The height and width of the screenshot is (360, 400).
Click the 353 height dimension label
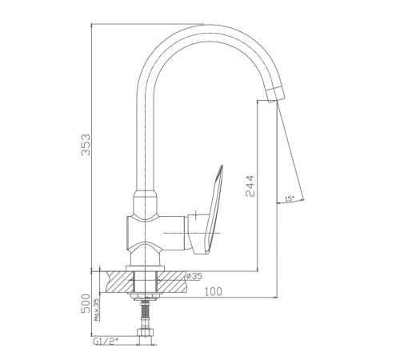click(86, 144)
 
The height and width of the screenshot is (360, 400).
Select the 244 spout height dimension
click(250, 186)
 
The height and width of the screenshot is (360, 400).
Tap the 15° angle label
click(290, 198)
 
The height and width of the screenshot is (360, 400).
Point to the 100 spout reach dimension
click(213, 291)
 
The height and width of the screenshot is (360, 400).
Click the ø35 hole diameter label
click(194, 276)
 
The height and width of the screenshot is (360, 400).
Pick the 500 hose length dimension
click(86, 303)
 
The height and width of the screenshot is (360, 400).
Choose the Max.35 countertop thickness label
click(97, 310)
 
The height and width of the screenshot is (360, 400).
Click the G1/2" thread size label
click(106, 341)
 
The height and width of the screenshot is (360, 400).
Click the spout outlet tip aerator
click(275, 94)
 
